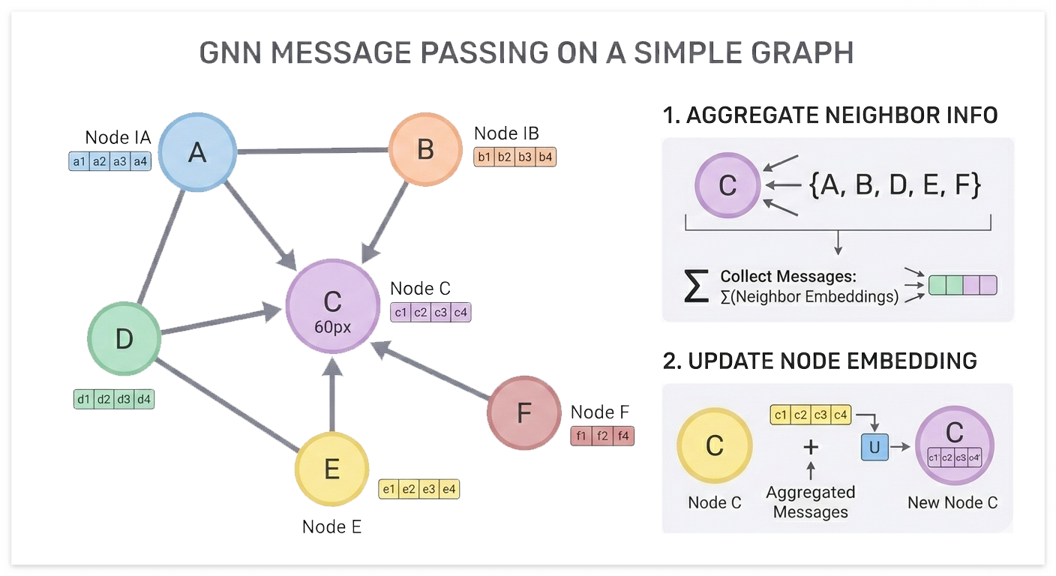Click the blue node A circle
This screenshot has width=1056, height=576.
coord(197,153)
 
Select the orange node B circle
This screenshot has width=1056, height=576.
coord(425,149)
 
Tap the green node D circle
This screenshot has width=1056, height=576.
coord(124,339)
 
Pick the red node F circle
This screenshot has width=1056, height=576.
coord(523,412)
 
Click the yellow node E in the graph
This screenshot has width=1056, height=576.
coord(331,469)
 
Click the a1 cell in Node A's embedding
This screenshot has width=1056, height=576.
coord(79,161)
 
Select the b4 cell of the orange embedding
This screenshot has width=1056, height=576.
coord(545,157)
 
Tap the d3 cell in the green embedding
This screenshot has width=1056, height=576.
coord(124,400)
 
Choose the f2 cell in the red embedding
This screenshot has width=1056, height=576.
coord(602,436)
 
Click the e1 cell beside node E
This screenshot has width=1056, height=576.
coord(388,490)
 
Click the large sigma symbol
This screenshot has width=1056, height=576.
coord(696,286)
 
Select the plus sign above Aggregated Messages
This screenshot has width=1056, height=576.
coord(810,447)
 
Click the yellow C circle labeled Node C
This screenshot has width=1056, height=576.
coord(714,445)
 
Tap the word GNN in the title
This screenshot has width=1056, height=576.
coord(234,53)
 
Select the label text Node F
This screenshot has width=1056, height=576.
coord(600,412)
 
